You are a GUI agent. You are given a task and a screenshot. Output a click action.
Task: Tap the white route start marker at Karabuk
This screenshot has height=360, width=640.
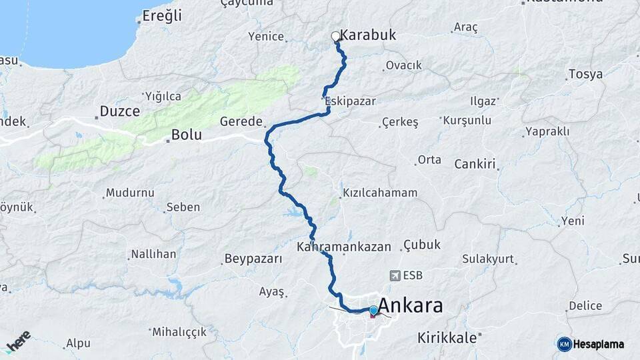(336, 37)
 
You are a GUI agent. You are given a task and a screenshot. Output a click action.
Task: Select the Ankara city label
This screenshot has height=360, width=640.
(410, 307)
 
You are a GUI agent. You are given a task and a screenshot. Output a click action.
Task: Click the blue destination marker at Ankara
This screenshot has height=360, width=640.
(373, 310)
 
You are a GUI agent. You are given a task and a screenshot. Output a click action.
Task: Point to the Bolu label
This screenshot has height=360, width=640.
(186, 135)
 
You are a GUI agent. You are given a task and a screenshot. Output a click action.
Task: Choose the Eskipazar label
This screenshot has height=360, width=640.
(351, 101)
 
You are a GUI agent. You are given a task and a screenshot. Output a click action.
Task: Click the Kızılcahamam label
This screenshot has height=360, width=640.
(380, 193)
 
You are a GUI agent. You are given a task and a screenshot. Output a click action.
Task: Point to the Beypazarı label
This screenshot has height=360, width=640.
(253, 259)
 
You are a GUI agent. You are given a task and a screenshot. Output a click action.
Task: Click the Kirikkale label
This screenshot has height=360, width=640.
(447, 337)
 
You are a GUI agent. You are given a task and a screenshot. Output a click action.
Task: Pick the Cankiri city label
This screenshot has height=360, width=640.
(476, 164)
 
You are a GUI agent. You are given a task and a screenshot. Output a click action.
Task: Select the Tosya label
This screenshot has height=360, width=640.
(585, 74)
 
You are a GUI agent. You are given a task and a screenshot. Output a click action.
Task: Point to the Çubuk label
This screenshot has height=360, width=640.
(422, 245)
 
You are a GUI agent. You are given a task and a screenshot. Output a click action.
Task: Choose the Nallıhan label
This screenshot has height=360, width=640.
(153, 254)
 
